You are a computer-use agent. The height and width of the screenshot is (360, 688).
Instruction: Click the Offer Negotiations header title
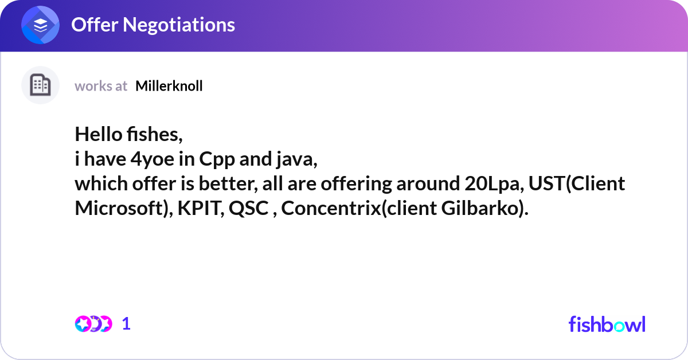tap(153, 25)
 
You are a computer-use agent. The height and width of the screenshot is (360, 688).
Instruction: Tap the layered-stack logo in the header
tap(41, 25)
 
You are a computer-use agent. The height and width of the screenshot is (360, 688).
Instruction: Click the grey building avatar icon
tap(40, 85)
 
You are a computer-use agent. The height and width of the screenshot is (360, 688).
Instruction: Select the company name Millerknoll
tap(169, 86)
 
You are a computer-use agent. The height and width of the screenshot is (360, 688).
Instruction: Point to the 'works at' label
tap(101, 86)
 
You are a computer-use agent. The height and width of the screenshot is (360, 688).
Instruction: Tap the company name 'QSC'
tap(249, 209)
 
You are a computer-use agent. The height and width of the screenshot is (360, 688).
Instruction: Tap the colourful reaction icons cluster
tap(93, 324)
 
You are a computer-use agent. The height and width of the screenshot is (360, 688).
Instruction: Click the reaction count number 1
tap(126, 324)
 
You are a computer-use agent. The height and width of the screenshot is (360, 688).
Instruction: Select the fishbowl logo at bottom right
tap(607, 324)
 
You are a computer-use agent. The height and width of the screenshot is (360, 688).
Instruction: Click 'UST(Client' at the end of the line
tap(577, 184)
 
